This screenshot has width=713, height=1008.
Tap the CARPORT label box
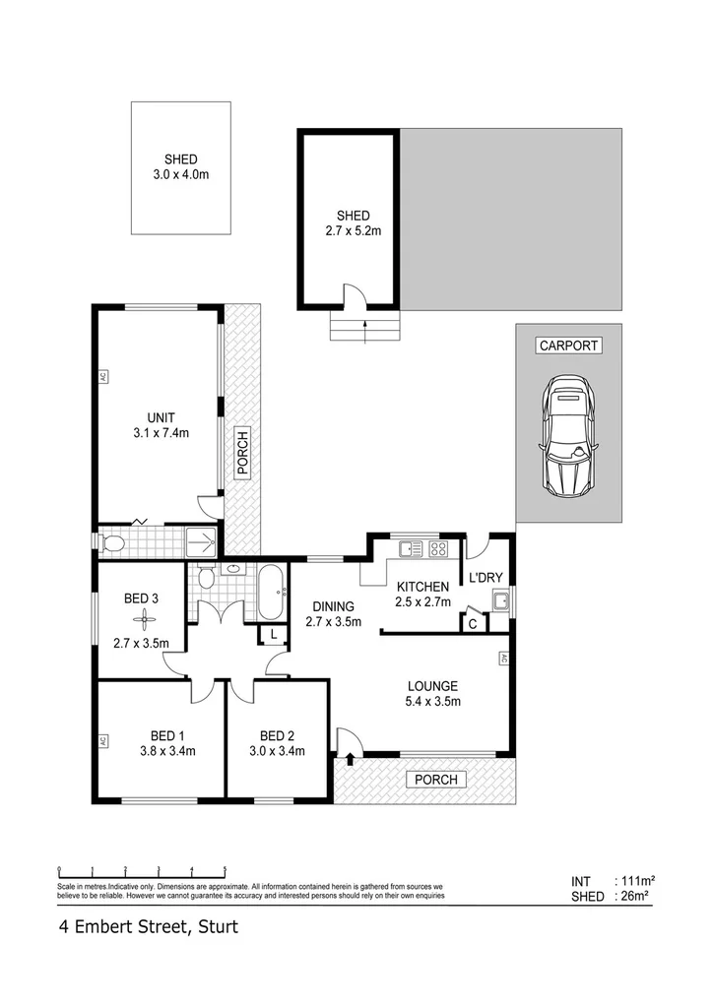point(568,346)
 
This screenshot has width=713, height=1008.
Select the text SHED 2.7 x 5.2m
point(353,223)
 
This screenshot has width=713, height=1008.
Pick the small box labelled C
point(473,623)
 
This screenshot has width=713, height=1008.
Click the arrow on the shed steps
point(365,330)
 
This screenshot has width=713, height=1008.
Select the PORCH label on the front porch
point(436,780)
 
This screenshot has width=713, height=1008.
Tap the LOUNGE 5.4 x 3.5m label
point(434,694)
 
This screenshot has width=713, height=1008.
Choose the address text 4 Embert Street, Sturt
point(147,926)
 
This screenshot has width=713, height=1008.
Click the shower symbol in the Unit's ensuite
point(202,540)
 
